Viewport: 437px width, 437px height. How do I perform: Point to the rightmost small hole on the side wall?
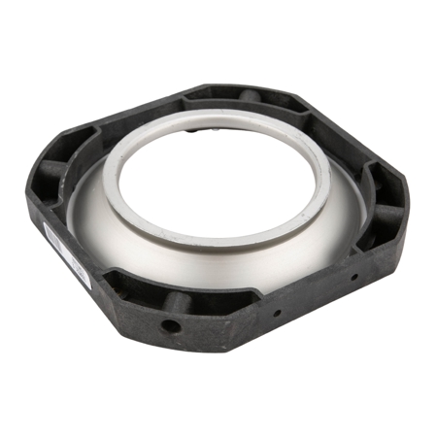353,276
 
